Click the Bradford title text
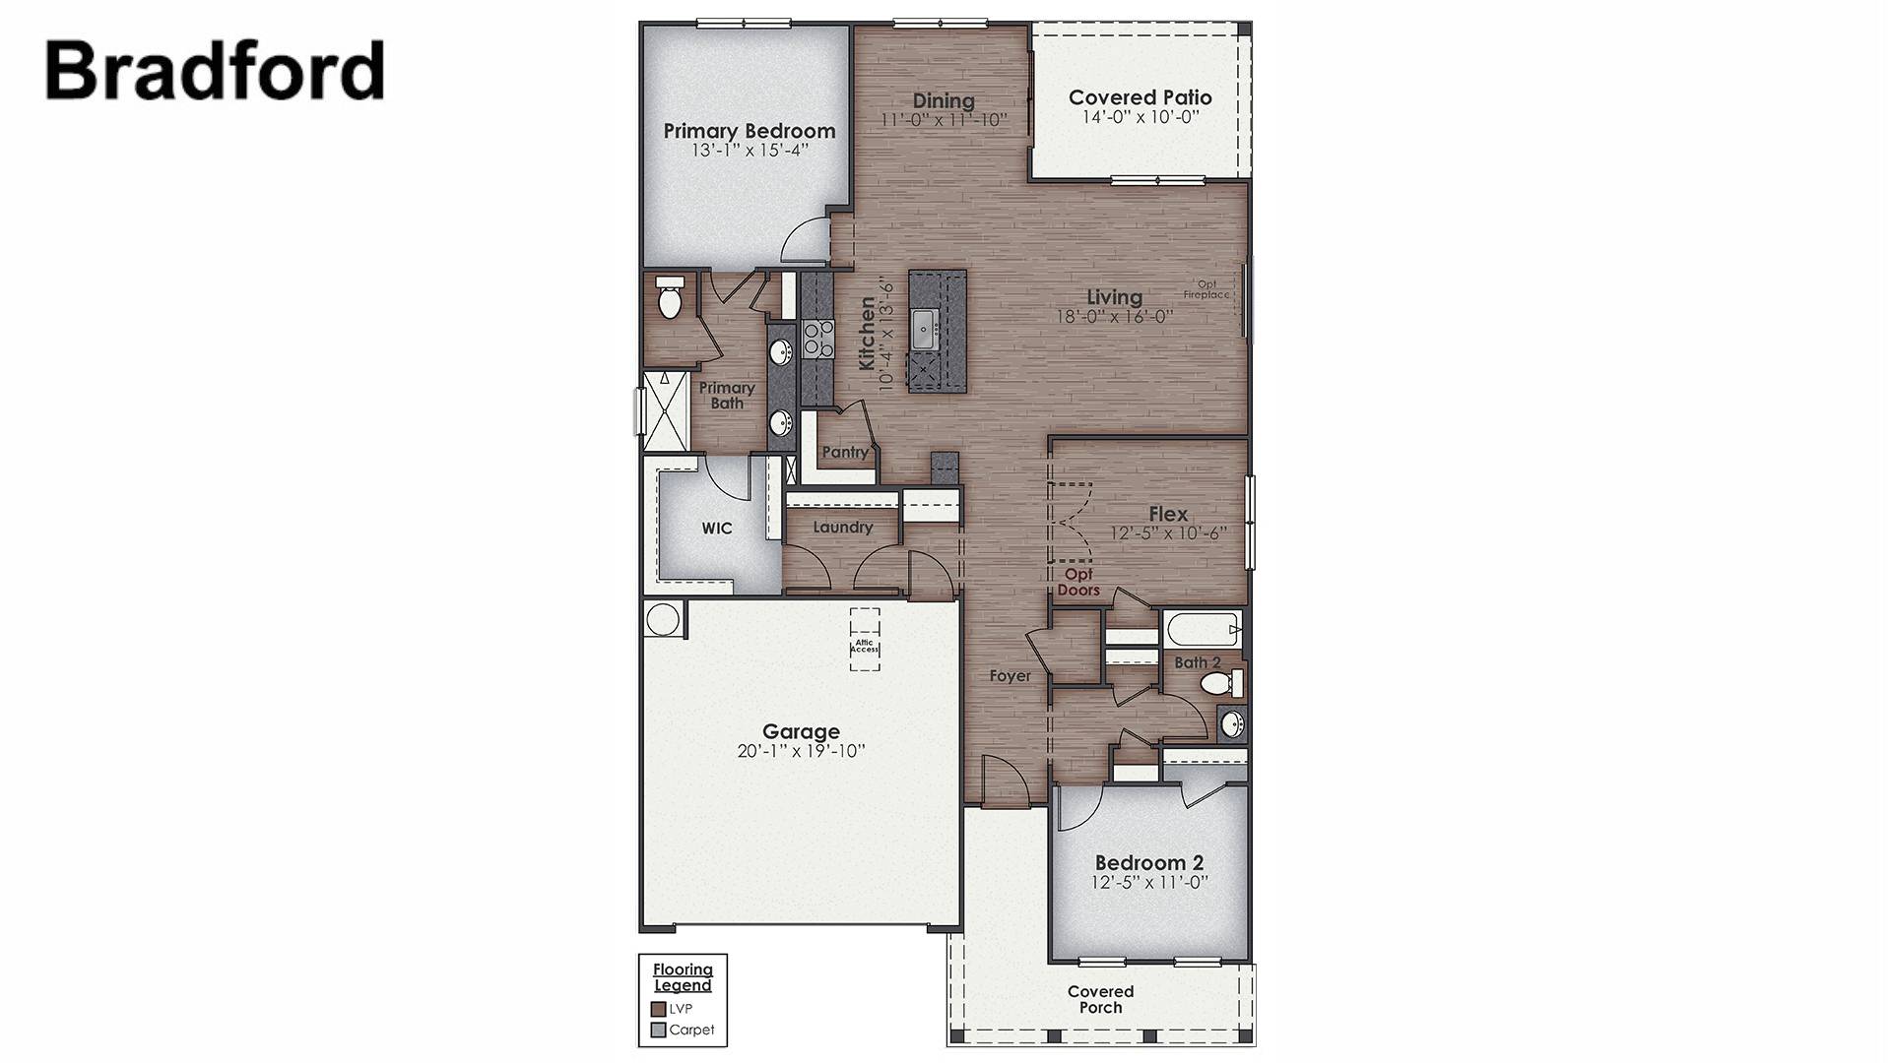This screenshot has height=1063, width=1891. point(215,71)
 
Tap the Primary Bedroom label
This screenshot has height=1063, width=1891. point(749,131)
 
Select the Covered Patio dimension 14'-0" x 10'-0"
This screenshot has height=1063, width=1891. point(1140,117)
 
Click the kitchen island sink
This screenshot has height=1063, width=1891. point(923,329)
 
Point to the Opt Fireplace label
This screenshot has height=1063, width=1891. point(1206,289)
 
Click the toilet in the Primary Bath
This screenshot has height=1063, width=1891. point(670,298)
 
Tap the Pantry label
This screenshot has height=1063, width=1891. point(845,452)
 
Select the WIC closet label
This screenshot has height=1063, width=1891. point(716,529)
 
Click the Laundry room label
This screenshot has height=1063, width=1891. point(842,528)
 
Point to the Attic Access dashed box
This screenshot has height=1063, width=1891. point(865,640)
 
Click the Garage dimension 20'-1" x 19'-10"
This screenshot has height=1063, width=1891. point(801,751)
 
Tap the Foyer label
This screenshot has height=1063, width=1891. point(1011,676)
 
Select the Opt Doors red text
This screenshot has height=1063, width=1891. point(1077,582)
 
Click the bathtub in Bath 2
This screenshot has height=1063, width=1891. point(1201,627)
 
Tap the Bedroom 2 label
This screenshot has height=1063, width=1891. point(1148,862)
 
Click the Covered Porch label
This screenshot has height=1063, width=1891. point(1100,999)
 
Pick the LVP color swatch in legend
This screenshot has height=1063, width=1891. point(658,1009)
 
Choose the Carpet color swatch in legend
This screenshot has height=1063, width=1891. point(658,1031)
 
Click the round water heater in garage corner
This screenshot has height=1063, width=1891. point(663,619)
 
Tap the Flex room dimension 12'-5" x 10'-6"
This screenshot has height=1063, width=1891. point(1167,533)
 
